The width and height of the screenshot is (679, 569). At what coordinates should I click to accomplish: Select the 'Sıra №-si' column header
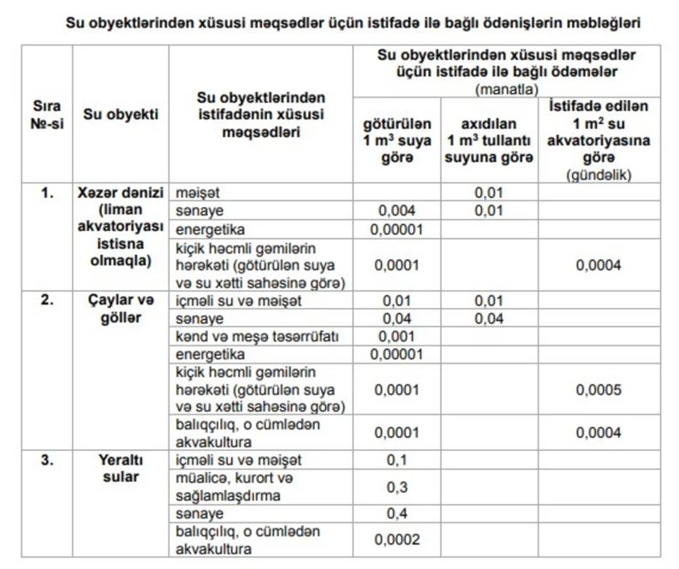(x=48, y=114)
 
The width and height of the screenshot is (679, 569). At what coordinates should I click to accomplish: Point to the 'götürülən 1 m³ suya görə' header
(x=397, y=139)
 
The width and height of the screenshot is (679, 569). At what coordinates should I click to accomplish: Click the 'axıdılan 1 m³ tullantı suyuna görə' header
(x=490, y=139)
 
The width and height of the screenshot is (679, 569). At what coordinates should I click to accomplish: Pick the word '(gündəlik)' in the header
(x=599, y=174)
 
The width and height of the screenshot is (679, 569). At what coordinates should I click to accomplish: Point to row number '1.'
(x=48, y=193)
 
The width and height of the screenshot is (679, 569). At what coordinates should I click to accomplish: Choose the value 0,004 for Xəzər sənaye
(x=397, y=211)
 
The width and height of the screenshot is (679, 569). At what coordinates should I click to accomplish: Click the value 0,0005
(x=599, y=388)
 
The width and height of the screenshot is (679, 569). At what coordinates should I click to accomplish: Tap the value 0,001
(x=397, y=336)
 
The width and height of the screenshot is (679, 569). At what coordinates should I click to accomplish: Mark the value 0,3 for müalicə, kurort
(x=397, y=487)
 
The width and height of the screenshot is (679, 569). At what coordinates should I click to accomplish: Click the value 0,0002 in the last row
(x=397, y=540)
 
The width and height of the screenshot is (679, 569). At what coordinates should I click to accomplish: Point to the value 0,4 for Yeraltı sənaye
(x=397, y=513)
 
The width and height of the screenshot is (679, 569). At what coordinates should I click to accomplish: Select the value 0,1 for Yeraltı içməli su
(x=397, y=460)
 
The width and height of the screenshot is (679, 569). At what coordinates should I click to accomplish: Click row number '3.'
(x=48, y=460)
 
